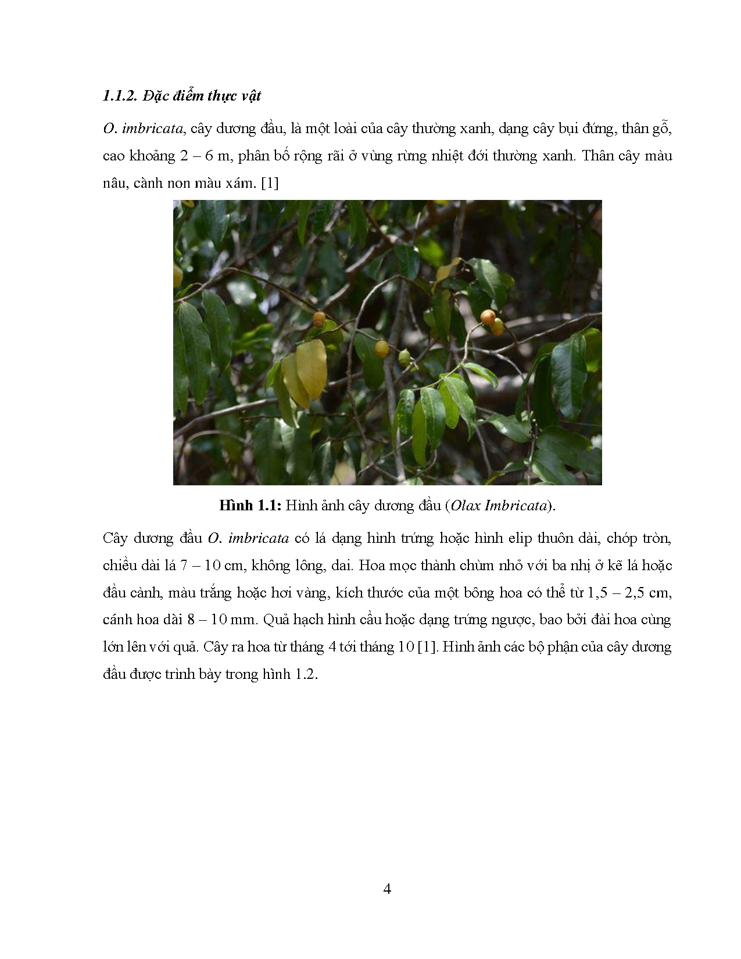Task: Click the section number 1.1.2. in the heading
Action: pos(120,96)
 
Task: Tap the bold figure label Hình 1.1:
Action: pos(250,505)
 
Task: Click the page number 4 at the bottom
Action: pos(387,889)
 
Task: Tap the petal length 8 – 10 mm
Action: pos(223,620)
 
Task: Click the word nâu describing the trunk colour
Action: pos(114,183)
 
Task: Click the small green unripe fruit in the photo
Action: pos(404,357)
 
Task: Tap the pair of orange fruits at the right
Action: pos(492,321)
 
